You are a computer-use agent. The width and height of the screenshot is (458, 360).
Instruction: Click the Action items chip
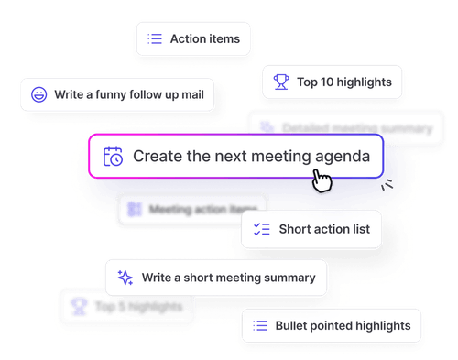pyautogui.click(x=192, y=38)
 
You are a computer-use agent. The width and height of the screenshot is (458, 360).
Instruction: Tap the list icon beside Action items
pyautogui.click(x=155, y=38)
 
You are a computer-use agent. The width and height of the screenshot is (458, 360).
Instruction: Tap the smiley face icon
pyautogui.click(x=38, y=93)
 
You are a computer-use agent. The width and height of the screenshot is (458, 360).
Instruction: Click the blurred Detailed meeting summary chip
pyautogui.click(x=339, y=126)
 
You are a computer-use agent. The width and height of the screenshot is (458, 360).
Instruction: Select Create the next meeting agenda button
pyautogui.click(x=242, y=156)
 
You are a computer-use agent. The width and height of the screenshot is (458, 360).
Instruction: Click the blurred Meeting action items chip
pyautogui.click(x=192, y=209)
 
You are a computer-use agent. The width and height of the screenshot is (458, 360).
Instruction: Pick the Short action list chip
pyautogui.click(x=311, y=229)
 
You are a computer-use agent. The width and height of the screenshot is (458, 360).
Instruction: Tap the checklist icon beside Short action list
pyautogui.click(x=260, y=229)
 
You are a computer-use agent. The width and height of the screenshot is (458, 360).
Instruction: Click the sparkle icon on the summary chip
pyautogui.click(x=124, y=277)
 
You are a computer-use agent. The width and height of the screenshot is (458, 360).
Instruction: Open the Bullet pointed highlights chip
pyautogui.click(x=332, y=325)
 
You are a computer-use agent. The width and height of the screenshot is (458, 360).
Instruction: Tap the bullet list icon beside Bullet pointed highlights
pyautogui.click(x=260, y=325)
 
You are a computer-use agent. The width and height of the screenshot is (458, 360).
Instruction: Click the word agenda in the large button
pyautogui.click(x=342, y=156)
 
